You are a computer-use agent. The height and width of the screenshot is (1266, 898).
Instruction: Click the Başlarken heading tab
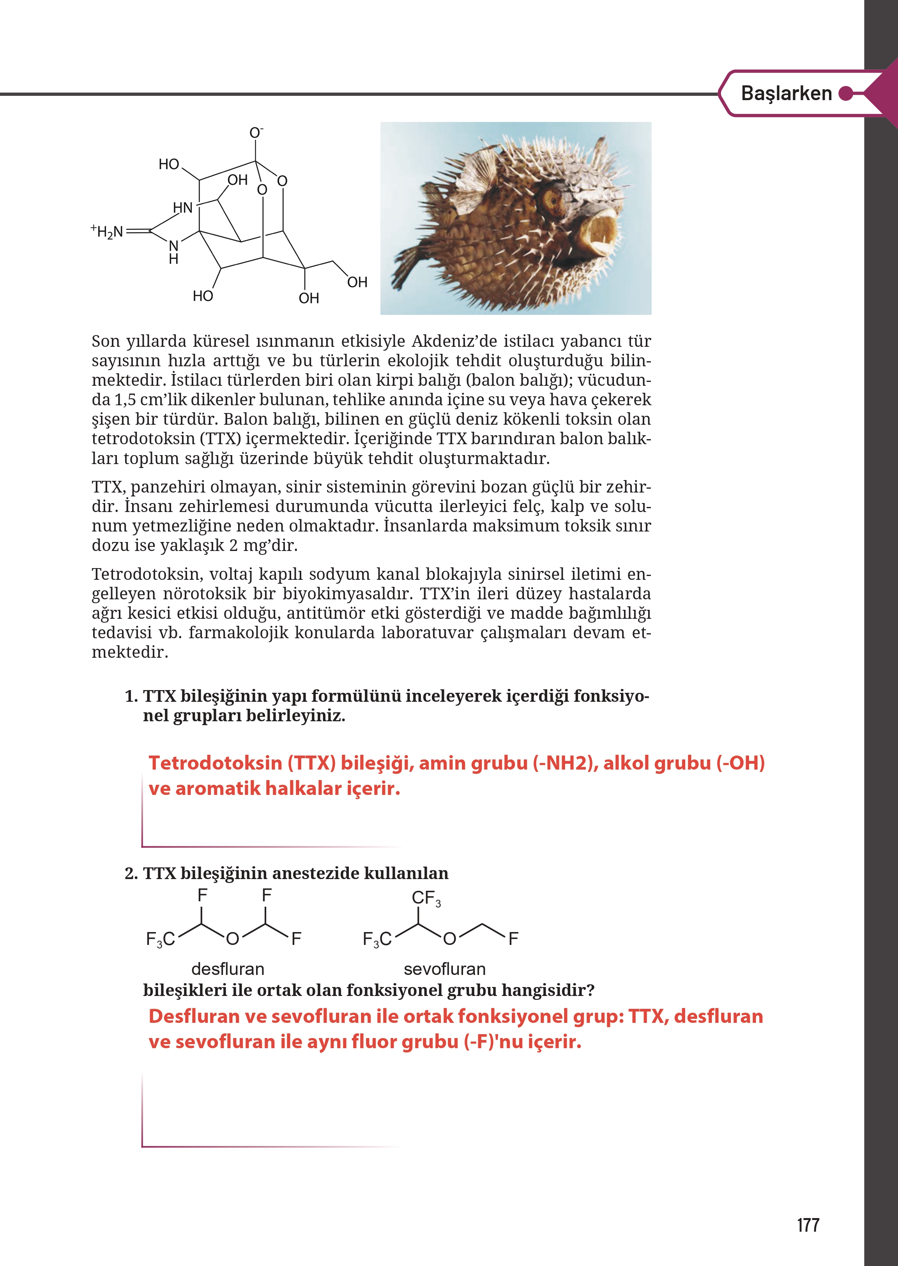pos(786,94)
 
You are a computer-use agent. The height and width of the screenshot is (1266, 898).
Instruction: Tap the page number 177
pos(808,1225)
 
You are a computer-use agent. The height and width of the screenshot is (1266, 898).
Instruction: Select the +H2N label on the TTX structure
pos(107,231)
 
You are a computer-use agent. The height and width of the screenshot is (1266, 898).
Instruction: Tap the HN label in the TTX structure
pos(182,208)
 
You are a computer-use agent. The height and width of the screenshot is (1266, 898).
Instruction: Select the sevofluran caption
pos(445,969)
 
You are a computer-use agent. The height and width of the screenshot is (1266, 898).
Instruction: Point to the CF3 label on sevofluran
pos(426,898)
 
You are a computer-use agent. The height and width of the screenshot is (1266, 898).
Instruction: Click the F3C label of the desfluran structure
pos(160,939)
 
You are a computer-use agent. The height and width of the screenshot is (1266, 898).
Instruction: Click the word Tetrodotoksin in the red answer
pos(215,763)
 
